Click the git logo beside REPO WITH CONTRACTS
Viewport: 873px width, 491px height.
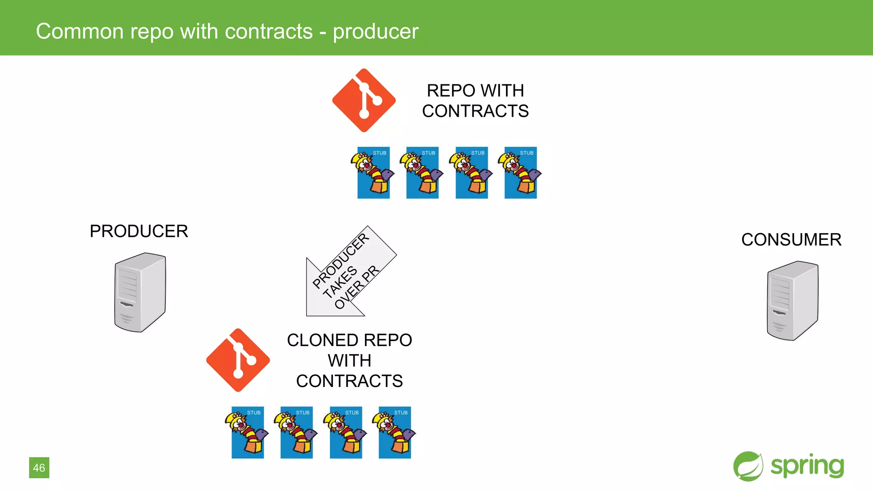point(364,101)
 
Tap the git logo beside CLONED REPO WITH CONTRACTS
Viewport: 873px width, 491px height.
point(238,360)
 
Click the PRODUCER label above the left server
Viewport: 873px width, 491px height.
point(139,231)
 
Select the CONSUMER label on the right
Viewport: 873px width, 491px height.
point(791,240)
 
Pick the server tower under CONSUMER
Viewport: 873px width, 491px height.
point(792,300)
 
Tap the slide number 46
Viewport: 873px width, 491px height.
point(39,468)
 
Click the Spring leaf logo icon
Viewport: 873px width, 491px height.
point(748,466)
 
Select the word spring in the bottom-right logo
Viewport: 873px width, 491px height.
point(807,466)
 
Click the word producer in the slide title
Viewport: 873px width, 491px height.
point(376,32)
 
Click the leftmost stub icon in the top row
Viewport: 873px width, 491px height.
point(373,173)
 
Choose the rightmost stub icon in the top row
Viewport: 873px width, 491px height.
point(520,173)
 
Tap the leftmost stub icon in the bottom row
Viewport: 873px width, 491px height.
point(247,432)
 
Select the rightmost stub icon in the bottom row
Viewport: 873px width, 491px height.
point(395,432)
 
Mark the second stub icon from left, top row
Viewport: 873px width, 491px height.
point(422,173)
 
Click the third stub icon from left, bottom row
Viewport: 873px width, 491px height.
point(346,432)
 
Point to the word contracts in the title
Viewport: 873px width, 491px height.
point(269,32)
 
